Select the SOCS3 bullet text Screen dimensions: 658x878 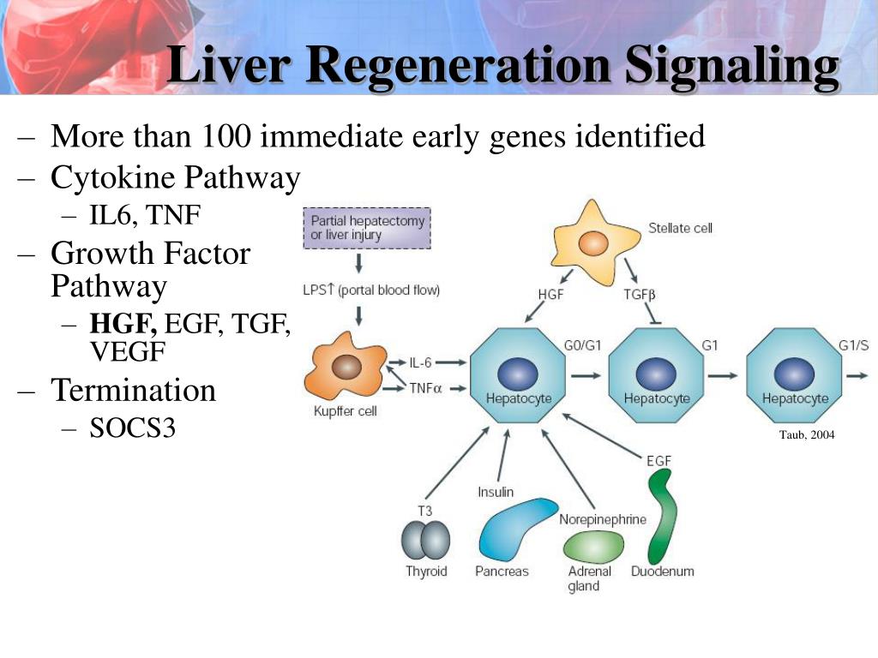point(133,428)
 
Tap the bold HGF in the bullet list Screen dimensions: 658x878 point(123,323)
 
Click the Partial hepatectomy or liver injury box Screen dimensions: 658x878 point(368,227)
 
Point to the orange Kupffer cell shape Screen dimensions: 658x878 point(346,368)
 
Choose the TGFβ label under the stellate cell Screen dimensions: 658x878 point(639,294)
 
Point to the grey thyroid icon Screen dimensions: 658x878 point(426,541)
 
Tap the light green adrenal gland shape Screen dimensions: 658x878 point(593,546)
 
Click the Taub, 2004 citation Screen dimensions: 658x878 point(806,435)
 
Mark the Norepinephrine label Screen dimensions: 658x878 point(603,519)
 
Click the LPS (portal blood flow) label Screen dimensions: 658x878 point(371,290)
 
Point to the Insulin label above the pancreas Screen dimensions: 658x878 point(496,492)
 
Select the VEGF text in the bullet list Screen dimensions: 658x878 point(128,351)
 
